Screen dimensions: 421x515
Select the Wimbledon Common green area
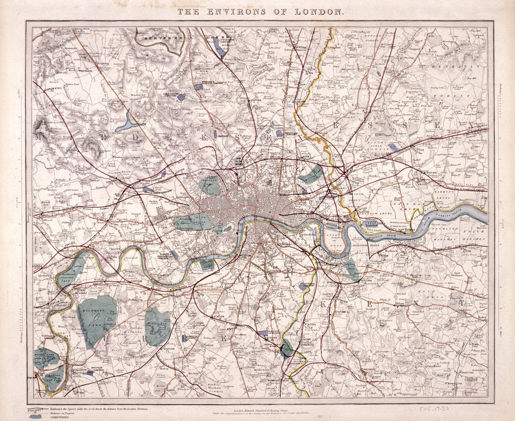point(157,325)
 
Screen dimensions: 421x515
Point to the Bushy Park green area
point(46,358)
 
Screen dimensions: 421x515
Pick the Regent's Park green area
point(210,185)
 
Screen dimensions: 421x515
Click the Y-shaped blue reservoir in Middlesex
point(129,122)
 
